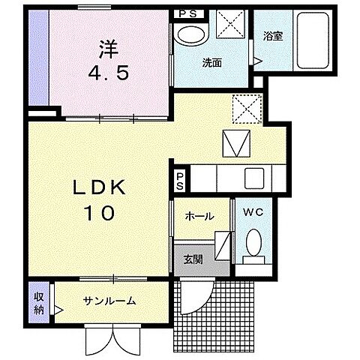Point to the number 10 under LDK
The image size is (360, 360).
[x=95, y=214]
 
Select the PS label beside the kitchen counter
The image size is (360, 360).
[x=180, y=179]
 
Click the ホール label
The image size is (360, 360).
[x=199, y=216]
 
